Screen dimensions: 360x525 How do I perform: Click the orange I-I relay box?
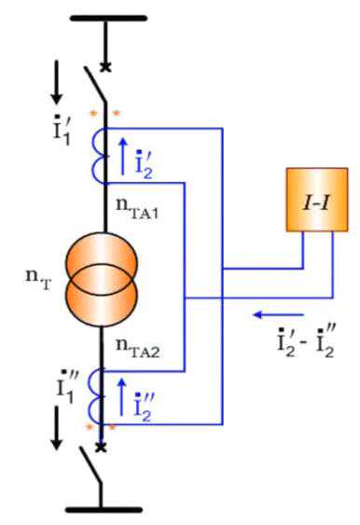coord(317,200)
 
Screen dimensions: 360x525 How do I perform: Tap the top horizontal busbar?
coord(108,18)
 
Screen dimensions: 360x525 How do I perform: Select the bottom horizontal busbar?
coord(104,510)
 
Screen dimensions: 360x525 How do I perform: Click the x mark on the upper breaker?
coord(105,67)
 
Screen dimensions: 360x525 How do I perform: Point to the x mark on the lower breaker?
coord(101,448)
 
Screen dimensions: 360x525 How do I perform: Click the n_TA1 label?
coord(137,208)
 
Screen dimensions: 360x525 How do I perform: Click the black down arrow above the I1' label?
coord(57,82)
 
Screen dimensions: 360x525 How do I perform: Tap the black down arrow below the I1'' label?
coord(57,428)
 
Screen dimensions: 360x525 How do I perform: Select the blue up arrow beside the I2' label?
coord(123,157)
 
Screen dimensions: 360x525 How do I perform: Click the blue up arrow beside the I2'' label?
coord(122,397)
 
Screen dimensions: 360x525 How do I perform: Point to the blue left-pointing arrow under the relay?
coord(278,315)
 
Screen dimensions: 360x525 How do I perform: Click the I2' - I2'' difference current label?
coord(306,341)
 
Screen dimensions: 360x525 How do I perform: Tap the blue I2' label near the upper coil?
coord(145,164)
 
